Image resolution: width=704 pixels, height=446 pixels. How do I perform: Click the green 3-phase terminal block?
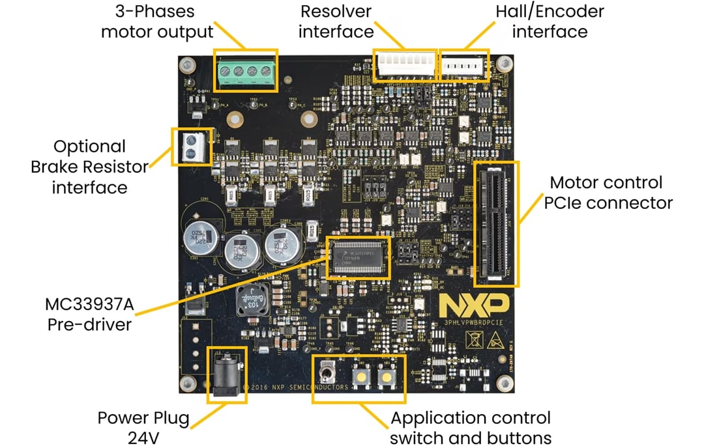247,70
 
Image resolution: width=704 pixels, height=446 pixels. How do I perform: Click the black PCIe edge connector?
496,223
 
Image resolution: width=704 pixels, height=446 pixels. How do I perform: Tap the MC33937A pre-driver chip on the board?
357,257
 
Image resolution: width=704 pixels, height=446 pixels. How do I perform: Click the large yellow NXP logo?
473,305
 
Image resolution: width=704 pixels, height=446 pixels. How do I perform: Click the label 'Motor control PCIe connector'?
606,192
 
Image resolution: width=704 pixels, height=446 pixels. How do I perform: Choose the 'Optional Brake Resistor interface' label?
89,167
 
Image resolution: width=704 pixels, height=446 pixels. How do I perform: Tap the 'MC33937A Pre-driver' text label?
89,314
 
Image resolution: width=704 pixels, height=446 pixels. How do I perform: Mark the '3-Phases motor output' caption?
156,21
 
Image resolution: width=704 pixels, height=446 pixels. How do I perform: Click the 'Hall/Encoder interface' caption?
550,21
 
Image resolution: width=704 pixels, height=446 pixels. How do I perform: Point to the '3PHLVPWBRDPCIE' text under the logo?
473,322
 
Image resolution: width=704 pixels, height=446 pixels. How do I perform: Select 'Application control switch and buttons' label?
471,428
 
